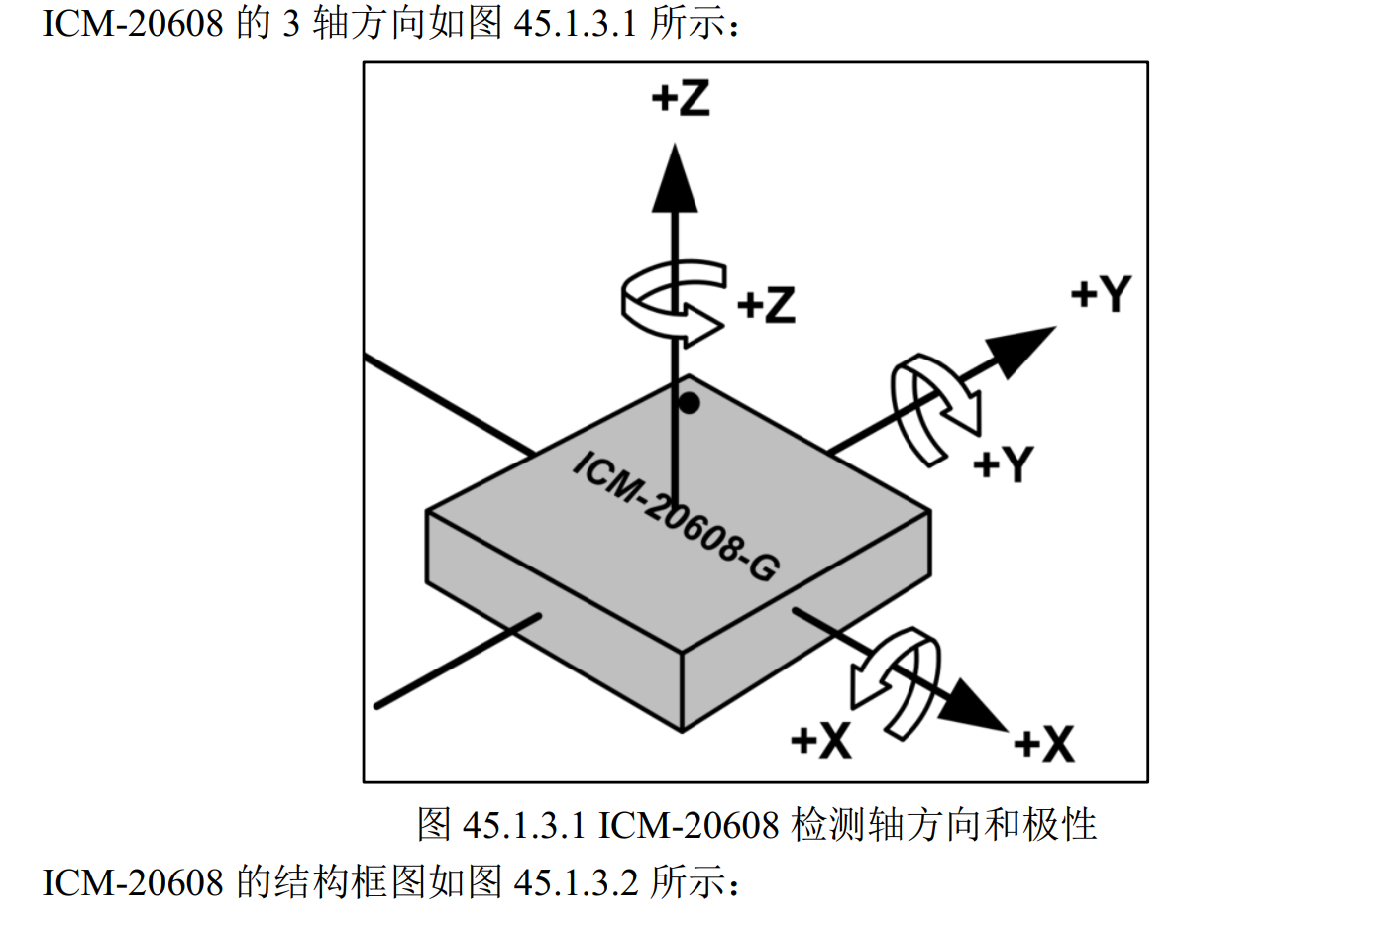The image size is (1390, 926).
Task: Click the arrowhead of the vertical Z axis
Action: [675, 180]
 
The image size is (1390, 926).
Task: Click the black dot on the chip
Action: [689, 403]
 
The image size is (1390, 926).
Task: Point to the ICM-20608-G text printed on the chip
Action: [677, 517]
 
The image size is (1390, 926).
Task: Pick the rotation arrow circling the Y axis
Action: [933, 407]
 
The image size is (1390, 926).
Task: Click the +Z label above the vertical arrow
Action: [681, 98]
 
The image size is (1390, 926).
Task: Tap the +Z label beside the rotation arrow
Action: [767, 305]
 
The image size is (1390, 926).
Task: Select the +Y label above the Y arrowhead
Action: [1101, 294]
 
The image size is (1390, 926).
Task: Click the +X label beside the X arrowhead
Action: [1044, 744]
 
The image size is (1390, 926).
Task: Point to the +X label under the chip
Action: [821, 740]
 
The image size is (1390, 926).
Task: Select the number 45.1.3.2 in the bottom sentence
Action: [576, 881]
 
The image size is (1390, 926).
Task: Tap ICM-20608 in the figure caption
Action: [689, 825]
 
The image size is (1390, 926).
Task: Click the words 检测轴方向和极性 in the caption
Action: [944, 825]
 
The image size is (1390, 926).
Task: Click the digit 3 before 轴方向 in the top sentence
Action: [290, 23]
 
